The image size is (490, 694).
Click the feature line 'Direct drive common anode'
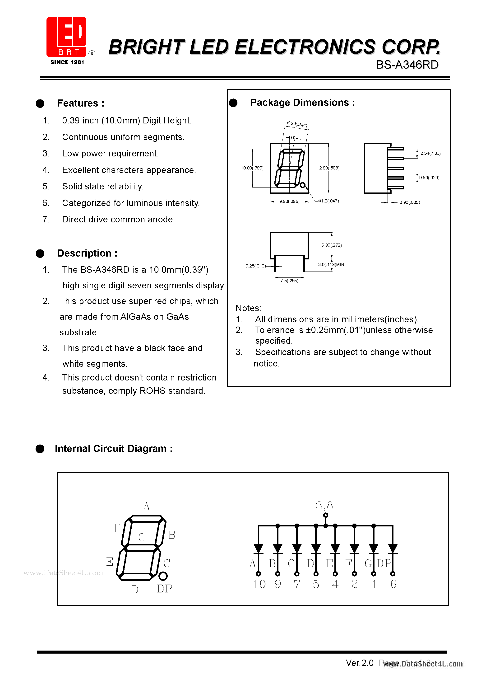click(x=118, y=220)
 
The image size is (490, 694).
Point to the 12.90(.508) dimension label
click(x=328, y=168)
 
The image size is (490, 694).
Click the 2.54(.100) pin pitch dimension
click(x=430, y=154)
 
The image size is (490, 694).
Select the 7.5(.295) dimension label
click(x=289, y=281)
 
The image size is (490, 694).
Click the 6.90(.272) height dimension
click(x=331, y=245)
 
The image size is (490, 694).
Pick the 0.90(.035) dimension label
click(x=409, y=202)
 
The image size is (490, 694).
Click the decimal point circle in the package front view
click(x=302, y=185)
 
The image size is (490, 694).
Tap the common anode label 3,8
click(x=324, y=506)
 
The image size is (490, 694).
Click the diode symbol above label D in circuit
click(x=316, y=548)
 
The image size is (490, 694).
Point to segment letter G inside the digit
click(x=142, y=537)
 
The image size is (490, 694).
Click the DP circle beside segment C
click(x=163, y=576)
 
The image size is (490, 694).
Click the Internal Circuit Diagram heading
click(x=114, y=449)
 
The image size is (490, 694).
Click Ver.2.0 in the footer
click(x=360, y=663)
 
